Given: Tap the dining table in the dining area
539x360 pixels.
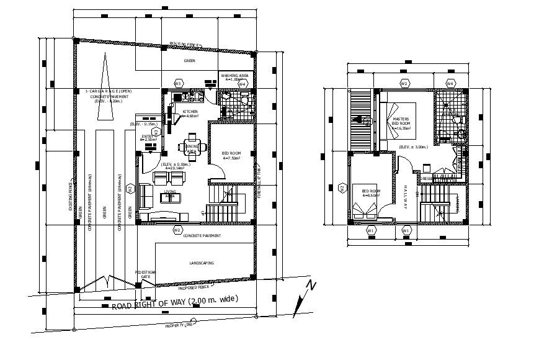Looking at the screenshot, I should tap(192, 147).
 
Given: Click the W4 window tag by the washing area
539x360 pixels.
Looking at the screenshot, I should tap(243, 83).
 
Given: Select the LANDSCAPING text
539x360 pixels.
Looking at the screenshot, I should tap(200, 263).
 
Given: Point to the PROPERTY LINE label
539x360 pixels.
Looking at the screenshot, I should tap(179, 325).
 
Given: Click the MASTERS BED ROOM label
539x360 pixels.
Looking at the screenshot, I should tap(400, 121).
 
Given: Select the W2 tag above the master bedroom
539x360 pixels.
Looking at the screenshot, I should tap(404, 83).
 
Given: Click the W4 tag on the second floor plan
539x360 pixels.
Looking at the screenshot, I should tap(450, 83).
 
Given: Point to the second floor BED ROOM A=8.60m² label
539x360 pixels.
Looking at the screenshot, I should tap(372, 192).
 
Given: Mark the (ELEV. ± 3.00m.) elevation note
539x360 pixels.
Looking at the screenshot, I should tap(414, 146).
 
